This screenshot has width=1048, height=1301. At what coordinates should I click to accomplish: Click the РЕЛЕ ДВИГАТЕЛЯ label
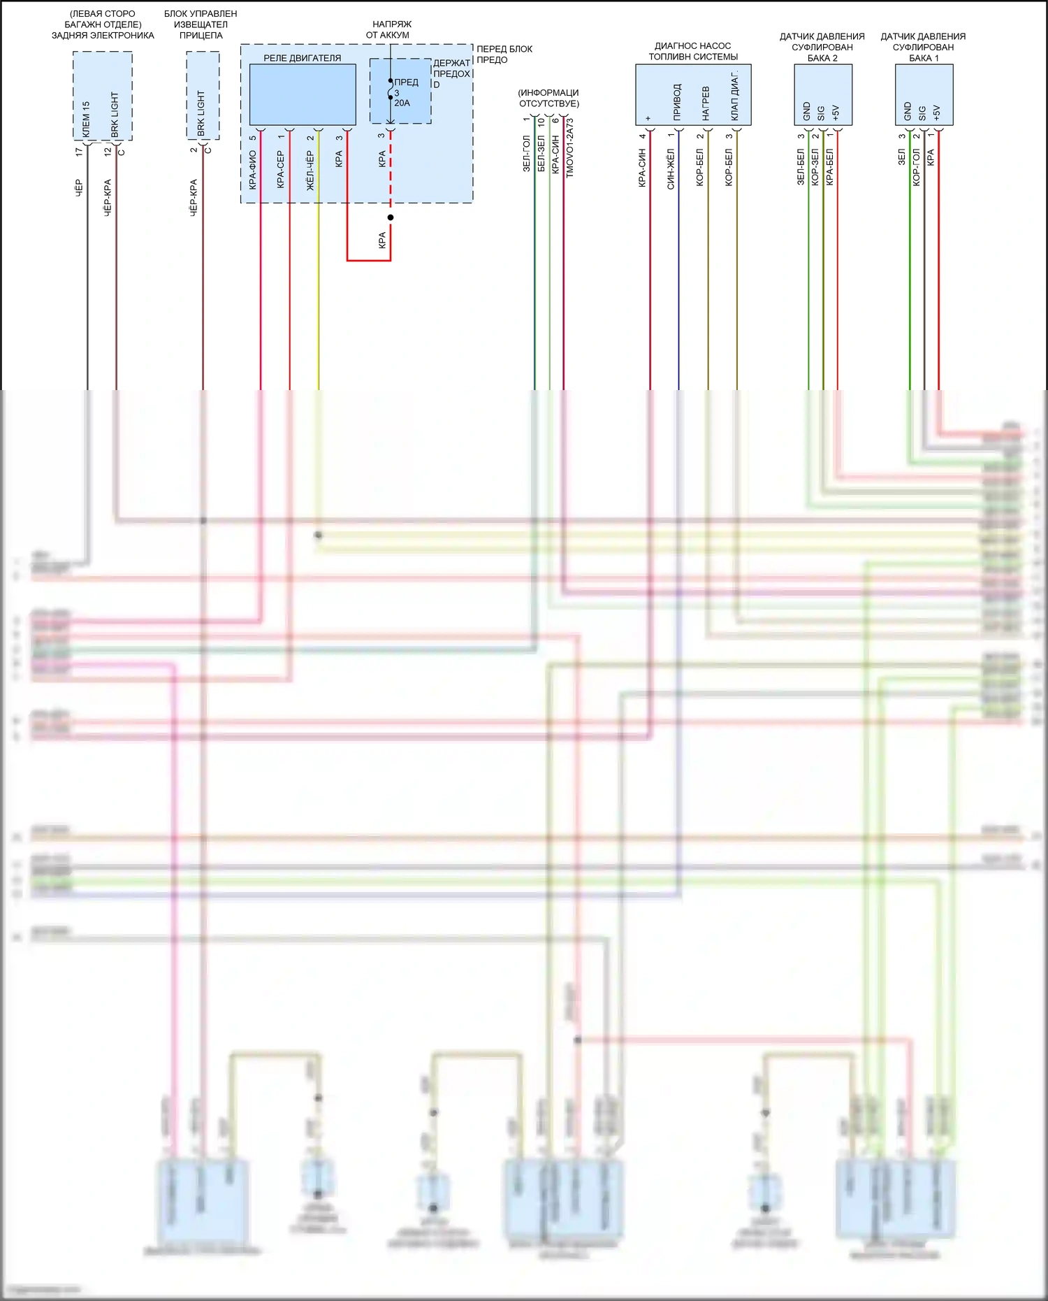point(302,58)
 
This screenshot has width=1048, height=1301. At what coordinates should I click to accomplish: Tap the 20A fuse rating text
point(402,103)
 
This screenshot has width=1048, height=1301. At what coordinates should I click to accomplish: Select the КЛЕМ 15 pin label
point(86,119)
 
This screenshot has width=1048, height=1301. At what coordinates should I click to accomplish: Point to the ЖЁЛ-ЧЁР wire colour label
point(310,170)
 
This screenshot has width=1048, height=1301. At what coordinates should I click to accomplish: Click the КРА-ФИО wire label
point(252,170)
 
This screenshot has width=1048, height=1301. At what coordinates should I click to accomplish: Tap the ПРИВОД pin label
point(676,102)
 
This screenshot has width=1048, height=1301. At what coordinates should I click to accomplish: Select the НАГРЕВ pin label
point(706,103)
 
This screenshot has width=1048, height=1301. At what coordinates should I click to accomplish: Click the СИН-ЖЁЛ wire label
point(671,168)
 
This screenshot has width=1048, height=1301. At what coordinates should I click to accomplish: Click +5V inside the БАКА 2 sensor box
point(836,112)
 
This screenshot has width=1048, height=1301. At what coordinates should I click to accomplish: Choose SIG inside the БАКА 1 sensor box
point(922,113)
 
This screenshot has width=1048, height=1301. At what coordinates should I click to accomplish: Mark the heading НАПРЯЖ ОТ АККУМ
point(390,29)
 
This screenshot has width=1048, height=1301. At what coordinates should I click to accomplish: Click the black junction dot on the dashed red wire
point(391,217)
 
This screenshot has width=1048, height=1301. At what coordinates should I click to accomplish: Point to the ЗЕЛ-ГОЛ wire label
point(527,154)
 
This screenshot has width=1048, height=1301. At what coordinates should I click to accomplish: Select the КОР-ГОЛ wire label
point(916,167)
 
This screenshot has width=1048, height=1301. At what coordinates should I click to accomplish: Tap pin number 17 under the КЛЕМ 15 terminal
point(79,150)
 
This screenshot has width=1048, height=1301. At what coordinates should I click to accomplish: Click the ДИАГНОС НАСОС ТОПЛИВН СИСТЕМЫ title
point(692,51)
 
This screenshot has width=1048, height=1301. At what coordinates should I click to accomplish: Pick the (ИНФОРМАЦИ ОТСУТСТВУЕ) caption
point(548,98)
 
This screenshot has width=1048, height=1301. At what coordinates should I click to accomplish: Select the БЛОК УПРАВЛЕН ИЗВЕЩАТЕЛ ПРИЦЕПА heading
point(201,24)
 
